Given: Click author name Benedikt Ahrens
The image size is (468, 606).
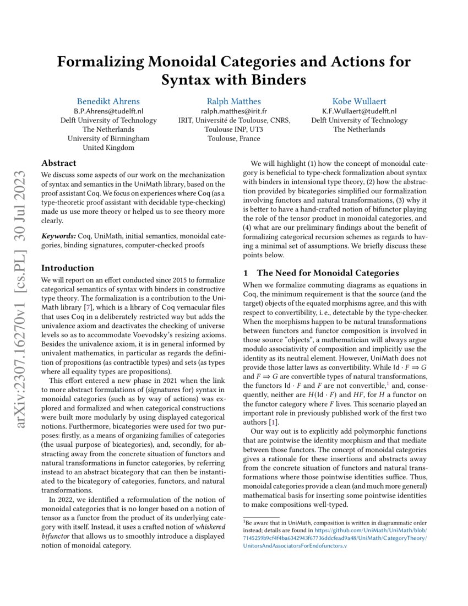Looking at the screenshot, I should point(108,101).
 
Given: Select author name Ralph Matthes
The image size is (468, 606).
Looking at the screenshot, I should point(234,101).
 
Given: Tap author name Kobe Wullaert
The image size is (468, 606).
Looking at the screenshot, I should point(358,101).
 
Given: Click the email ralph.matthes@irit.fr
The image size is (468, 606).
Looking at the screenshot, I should point(234,111).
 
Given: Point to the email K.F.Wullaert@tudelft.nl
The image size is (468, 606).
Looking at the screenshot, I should point(358,111).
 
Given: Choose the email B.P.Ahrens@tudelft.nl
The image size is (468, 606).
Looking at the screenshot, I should point(108,111).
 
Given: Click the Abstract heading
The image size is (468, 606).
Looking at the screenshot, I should point(59,163).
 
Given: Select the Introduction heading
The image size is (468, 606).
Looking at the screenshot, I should point(68,268).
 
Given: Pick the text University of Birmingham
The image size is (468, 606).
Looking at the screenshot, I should point(108,138).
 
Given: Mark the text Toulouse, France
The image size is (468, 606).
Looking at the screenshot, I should point(234,138).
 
